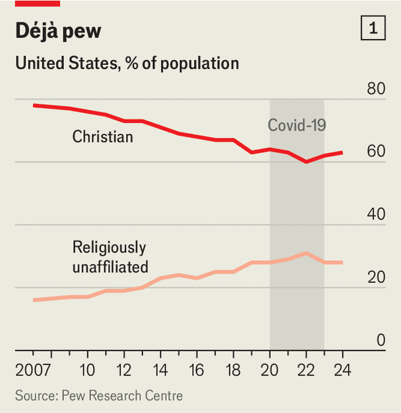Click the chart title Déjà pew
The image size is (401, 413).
pyautogui.click(x=58, y=31)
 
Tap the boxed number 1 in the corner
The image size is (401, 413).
pyautogui.click(x=373, y=29)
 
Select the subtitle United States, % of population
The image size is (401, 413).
pyautogui.click(x=127, y=63)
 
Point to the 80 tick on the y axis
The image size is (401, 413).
pyautogui.click(x=376, y=88)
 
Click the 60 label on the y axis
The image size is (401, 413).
pyautogui.click(x=376, y=151)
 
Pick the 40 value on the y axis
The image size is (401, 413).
pyautogui.click(x=376, y=214)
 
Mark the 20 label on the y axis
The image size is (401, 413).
pyautogui.click(x=376, y=277)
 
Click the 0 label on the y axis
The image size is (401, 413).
pyautogui.click(x=381, y=340)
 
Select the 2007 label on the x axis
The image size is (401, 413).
pyautogui.click(x=33, y=369)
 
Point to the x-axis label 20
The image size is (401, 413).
pyautogui.click(x=270, y=369)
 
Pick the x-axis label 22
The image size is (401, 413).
pyautogui.click(x=306, y=369)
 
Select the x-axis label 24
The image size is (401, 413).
pyautogui.click(x=342, y=369)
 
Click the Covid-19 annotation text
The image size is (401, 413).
pyautogui.click(x=297, y=125)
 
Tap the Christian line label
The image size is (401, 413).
pyautogui.click(x=102, y=137)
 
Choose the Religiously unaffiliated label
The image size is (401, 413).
pyautogui.click(x=110, y=257)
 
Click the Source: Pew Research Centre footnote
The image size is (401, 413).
pyautogui.click(x=99, y=396)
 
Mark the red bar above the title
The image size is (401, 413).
pyautogui.click(x=38, y=3)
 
